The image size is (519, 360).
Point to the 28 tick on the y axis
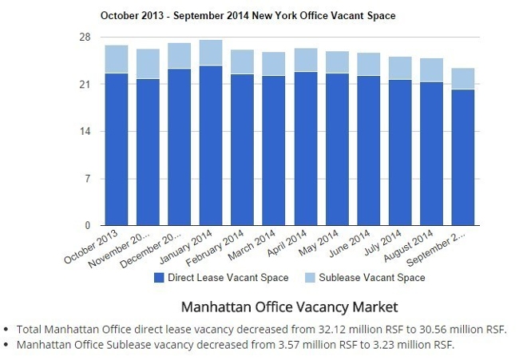[85, 38]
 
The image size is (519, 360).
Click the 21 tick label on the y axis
[85, 85]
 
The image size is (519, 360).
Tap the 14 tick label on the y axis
[85, 132]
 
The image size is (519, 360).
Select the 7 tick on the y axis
[88, 179]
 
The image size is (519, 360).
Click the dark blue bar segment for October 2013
[117, 149]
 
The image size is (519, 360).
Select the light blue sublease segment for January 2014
[211, 53]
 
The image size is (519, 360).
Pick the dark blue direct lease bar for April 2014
[305, 148]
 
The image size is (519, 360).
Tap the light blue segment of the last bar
[462, 78]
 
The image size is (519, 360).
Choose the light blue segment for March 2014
[274, 64]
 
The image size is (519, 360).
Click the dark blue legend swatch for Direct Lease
[160, 278]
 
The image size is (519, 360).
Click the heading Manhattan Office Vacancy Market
[279, 307]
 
